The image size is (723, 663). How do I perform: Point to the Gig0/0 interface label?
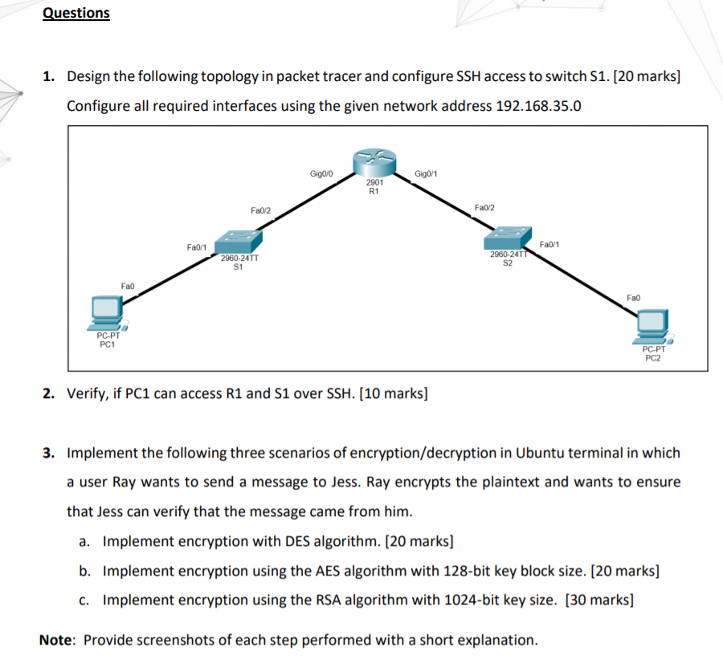321,173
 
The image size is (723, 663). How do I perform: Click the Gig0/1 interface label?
426,173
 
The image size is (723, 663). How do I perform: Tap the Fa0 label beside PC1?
128,285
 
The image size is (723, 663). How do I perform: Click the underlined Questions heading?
76,13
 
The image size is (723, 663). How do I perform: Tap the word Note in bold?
57,640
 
